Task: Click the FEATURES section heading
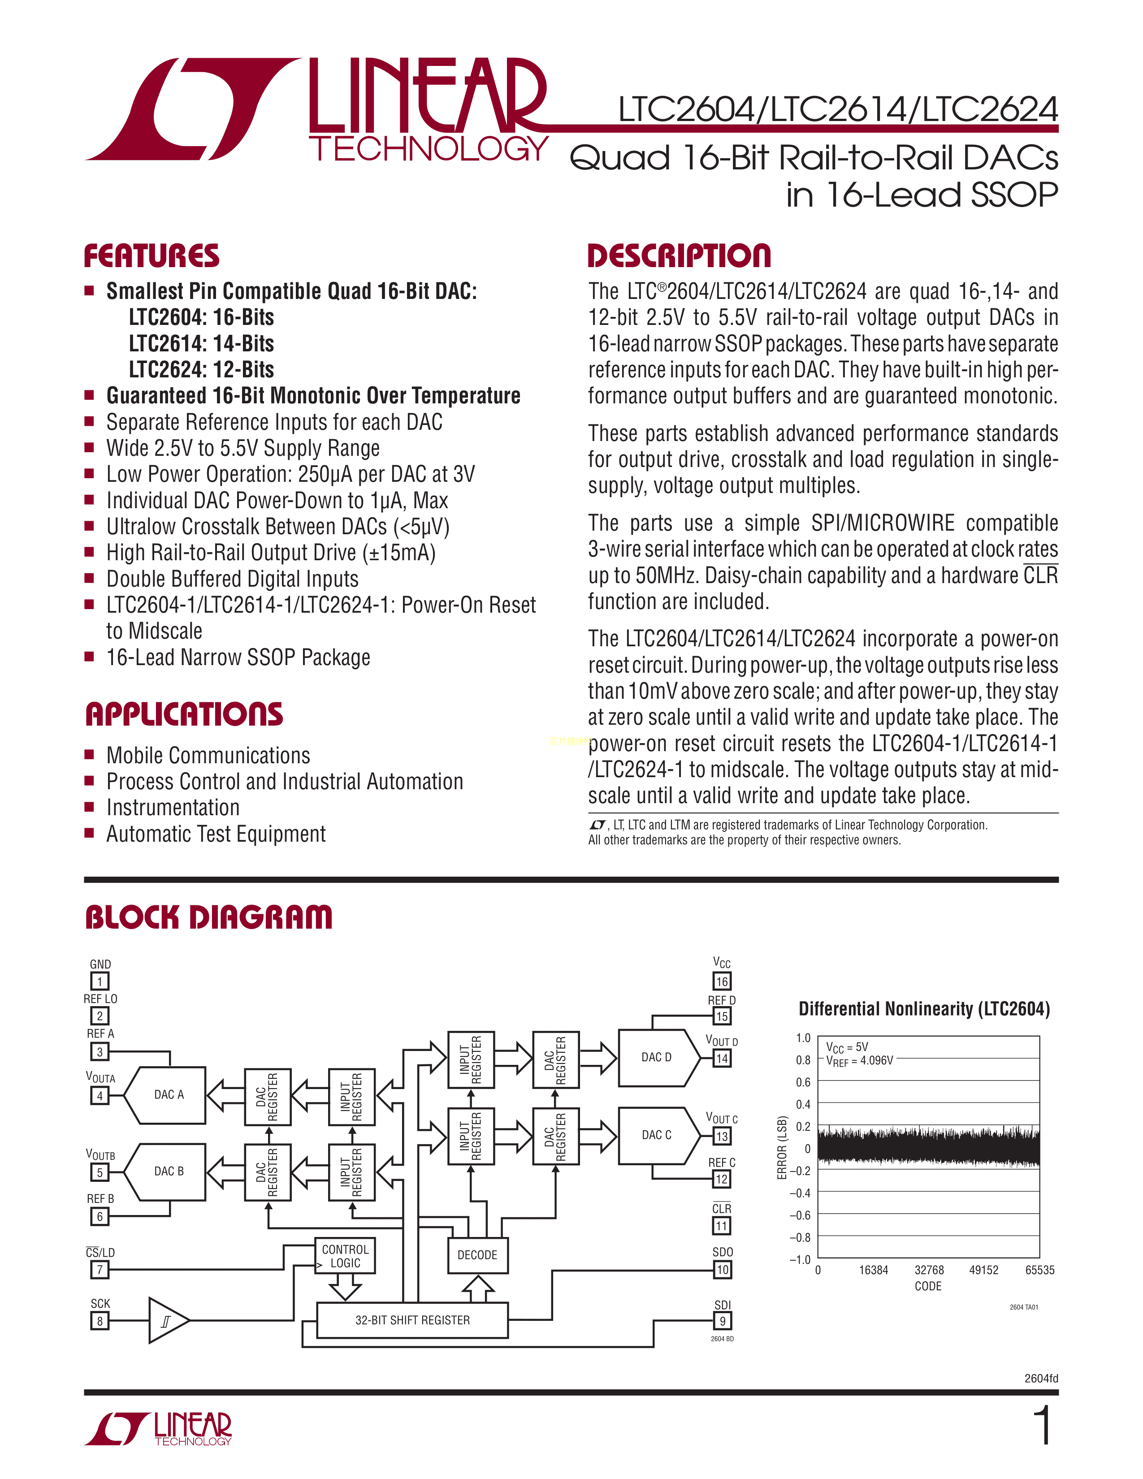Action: (x=152, y=256)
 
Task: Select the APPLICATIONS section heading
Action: (x=184, y=714)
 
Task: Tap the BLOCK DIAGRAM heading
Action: (x=208, y=917)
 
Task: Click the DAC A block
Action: (x=165, y=1095)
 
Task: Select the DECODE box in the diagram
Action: (x=477, y=1255)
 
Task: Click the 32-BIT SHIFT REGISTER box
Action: (x=412, y=1320)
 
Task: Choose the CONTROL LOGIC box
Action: (x=345, y=1256)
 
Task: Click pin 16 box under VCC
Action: (x=722, y=981)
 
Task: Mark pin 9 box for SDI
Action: (x=722, y=1320)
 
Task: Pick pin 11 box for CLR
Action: (x=722, y=1226)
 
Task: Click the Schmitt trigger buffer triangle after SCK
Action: (x=167, y=1320)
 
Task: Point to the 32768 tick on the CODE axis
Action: (x=929, y=1270)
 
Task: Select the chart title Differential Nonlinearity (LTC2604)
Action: (x=924, y=1009)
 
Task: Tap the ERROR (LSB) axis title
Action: (x=782, y=1148)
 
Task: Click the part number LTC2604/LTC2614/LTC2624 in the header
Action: (x=838, y=110)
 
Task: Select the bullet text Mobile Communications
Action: (x=208, y=755)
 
